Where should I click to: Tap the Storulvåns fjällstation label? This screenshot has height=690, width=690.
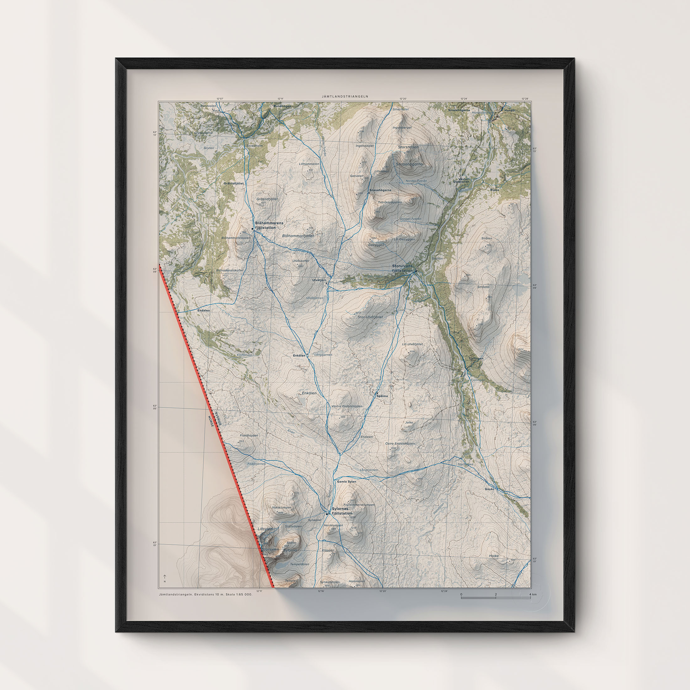[402, 268]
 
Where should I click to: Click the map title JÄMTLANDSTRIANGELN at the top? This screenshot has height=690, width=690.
[345, 96]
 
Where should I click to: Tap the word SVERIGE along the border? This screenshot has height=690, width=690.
[218, 419]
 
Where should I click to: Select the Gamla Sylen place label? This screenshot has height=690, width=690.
[347, 481]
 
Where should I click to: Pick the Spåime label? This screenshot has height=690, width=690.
[382, 396]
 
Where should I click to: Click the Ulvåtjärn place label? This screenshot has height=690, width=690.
[319, 280]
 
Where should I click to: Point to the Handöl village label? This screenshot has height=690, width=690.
[510, 111]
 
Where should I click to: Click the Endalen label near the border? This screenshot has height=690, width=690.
[204, 311]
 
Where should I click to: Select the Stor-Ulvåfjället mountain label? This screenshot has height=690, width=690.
[370, 317]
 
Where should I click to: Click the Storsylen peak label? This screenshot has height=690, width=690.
[270, 549]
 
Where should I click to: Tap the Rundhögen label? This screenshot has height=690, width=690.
[282, 106]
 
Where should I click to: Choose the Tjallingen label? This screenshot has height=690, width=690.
[476, 358]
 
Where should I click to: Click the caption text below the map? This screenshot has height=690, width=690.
[205, 594]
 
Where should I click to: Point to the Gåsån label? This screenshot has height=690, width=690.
[490, 489]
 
